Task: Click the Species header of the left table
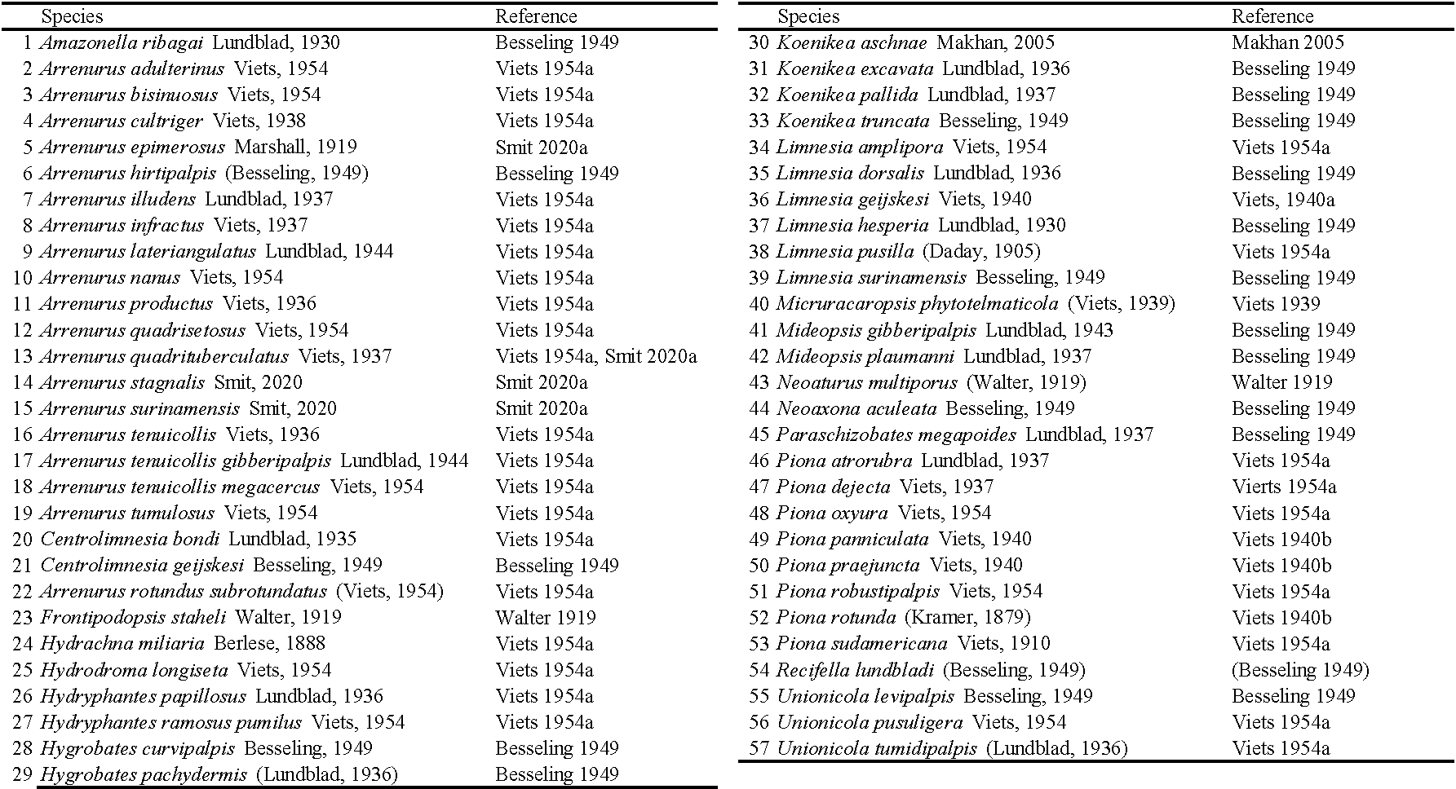[x=72, y=16]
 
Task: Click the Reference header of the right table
[x=1272, y=16]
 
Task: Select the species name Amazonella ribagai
[x=122, y=42]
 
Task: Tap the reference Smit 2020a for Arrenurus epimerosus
[x=541, y=148]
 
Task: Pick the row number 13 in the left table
[x=22, y=356]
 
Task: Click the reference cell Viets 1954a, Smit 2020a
[x=595, y=356]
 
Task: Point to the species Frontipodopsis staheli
[x=133, y=617]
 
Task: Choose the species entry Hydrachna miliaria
[x=122, y=643]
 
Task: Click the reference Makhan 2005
[x=1287, y=42]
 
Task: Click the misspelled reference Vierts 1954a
[x=1284, y=487]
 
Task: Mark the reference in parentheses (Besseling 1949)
[x=1300, y=670]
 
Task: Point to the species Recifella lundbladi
[x=855, y=670]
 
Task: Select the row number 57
[x=759, y=748]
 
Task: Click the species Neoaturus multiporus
[x=866, y=382]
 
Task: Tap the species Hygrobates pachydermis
[x=143, y=774]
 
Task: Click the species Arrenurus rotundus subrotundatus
[x=183, y=591]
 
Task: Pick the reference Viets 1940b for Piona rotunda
[x=1281, y=617]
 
